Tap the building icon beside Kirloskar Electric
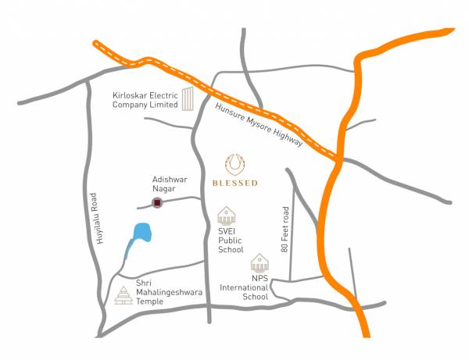188,100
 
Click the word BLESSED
234,184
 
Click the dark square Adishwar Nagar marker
157,204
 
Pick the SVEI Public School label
231,240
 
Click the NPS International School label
256,287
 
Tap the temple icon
124,295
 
